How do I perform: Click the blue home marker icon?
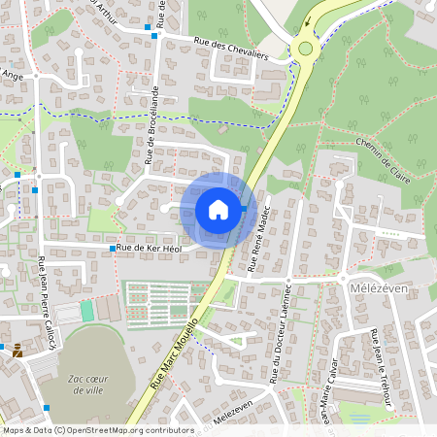point(218,210)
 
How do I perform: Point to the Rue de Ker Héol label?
point(150,250)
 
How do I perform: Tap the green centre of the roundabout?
point(306,48)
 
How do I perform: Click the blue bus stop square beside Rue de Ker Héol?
point(113,250)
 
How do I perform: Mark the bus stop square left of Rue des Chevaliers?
point(149,28)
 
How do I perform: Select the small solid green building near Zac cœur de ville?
point(86,311)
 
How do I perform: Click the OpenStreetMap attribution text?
point(97,430)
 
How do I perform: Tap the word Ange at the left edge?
point(13,74)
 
